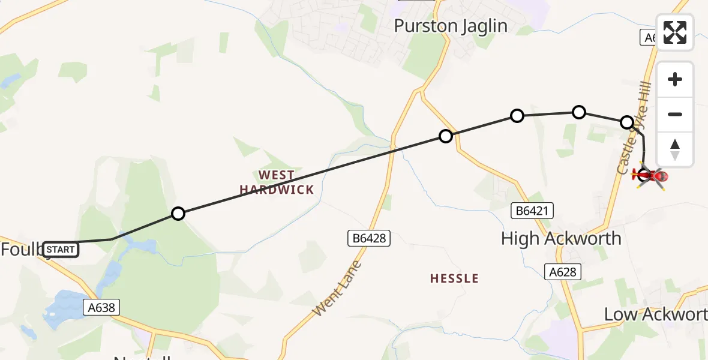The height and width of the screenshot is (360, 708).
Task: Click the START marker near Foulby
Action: [x=61, y=249]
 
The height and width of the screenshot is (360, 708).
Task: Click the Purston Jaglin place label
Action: [x=451, y=26]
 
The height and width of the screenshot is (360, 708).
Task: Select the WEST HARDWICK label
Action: [x=277, y=182]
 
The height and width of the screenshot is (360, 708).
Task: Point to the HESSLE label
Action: [x=454, y=278]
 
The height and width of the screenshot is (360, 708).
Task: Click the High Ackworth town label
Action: [x=561, y=238]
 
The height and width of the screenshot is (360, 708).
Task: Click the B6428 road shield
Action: [x=369, y=238]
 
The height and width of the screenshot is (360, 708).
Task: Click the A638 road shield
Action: [x=101, y=308]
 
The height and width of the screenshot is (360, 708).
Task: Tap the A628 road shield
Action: [x=563, y=272]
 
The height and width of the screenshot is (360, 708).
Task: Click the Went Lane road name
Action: [x=338, y=289]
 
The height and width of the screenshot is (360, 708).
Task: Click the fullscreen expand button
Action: [x=675, y=32]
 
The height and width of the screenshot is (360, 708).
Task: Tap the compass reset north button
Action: [x=675, y=149]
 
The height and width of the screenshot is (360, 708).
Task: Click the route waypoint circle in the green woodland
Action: [x=178, y=214]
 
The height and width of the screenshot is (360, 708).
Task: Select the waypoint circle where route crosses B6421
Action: [x=445, y=136]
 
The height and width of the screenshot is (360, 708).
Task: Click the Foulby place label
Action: [x=21, y=250]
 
